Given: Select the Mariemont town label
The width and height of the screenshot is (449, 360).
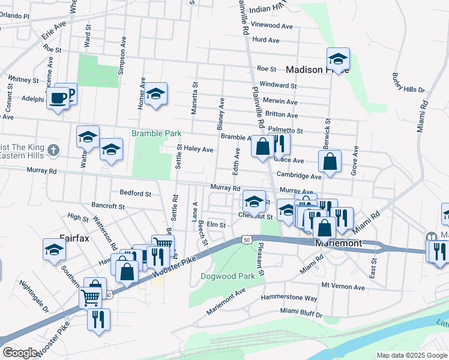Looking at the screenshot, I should (x=339, y=244).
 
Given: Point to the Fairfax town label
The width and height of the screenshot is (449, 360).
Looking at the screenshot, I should (x=74, y=238).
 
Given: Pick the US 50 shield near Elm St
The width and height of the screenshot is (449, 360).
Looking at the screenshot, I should (x=247, y=239).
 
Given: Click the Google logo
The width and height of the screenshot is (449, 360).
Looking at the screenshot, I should (x=20, y=353).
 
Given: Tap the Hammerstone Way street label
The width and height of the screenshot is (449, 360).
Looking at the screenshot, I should (x=289, y=298).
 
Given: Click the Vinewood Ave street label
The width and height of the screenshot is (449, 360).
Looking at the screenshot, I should (x=272, y=26).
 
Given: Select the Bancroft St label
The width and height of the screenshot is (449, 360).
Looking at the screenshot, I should (x=108, y=206).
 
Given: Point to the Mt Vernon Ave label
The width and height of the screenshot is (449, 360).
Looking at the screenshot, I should (x=343, y=287).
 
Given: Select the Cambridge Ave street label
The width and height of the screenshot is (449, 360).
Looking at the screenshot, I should (x=303, y=176).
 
